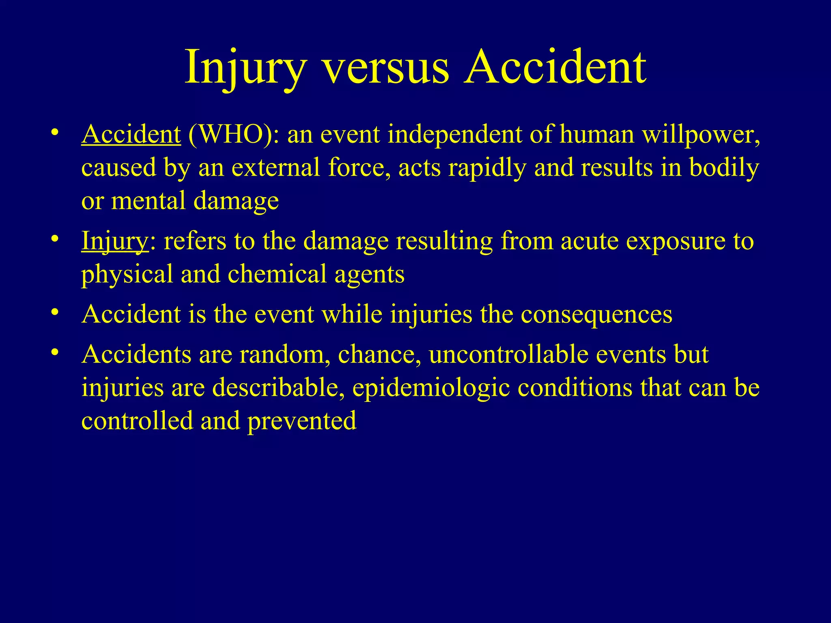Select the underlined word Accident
click(x=131, y=134)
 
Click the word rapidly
click(x=487, y=168)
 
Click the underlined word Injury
click(x=115, y=241)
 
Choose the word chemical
click(x=277, y=274)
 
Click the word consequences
click(x=596, y=315)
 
